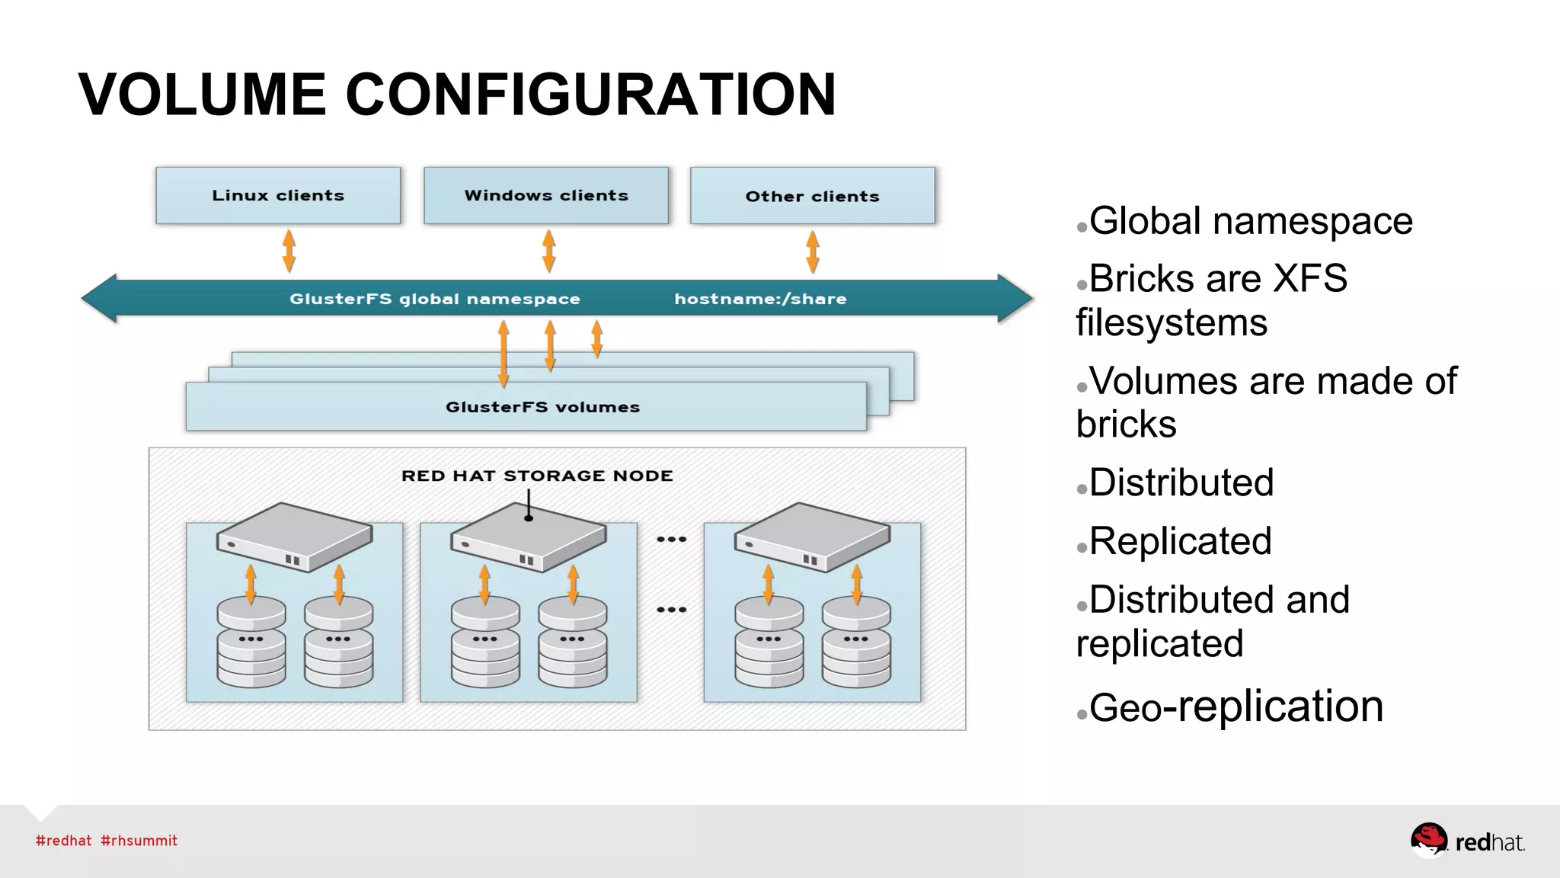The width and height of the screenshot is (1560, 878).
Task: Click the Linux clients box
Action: (x=278, y=196)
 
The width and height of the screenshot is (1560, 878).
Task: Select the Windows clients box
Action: (x=546, y=196)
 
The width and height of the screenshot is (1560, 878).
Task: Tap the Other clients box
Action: (x=812, y=196)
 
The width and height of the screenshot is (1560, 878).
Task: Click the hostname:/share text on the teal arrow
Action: (x=760, y=299)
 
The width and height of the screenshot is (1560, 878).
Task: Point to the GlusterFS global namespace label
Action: (x=434, y=299)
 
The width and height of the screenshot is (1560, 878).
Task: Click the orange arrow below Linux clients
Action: (x=289, y=251)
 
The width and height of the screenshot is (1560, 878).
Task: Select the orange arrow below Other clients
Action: (x=813, y=252)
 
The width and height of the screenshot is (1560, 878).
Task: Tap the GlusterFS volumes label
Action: (x=542, y=407)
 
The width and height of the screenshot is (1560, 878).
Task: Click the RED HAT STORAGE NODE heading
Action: (x=537, y=476)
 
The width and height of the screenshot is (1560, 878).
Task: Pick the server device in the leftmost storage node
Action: (x=294, y=537)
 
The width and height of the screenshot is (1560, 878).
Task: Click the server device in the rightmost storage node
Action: (x=812, y=537)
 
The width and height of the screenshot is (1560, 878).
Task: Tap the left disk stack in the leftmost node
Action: (x=251, y=642)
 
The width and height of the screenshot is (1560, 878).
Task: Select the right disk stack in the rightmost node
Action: (x=856, y=642)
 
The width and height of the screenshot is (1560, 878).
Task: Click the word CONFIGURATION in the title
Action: (x=590, y=95)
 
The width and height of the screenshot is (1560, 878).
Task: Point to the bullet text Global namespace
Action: (x=1251, y=221)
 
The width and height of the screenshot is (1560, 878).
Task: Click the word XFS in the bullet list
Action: (x=1310, y=278)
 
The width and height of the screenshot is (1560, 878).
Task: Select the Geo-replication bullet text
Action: (x=1236, y=707)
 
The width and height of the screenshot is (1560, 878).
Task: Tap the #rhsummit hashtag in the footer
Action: (x=139, y=841)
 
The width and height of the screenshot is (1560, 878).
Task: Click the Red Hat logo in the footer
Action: (x=1466, y=841)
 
